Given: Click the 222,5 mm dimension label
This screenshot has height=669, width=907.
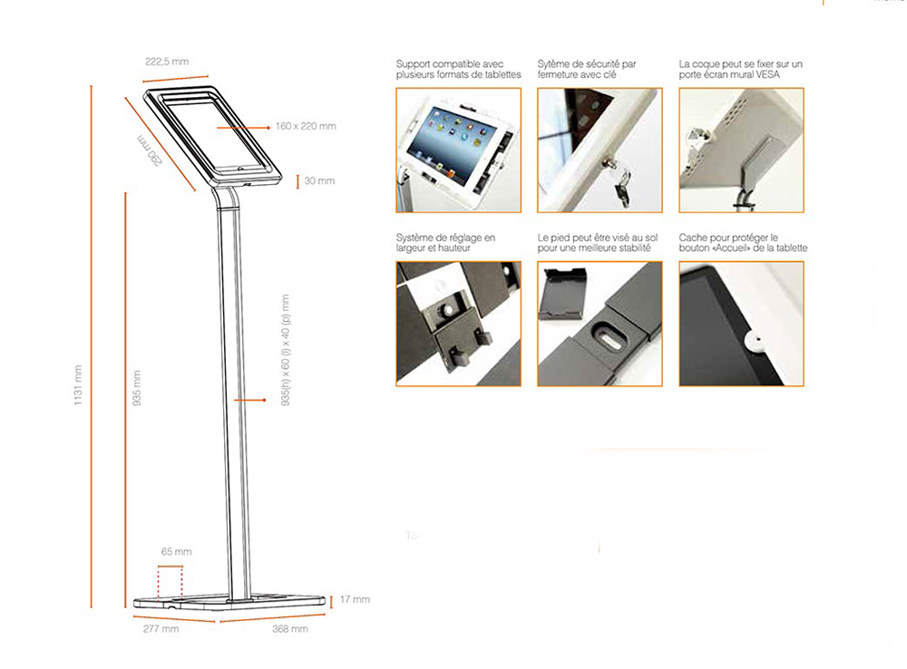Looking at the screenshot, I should coord(167,62).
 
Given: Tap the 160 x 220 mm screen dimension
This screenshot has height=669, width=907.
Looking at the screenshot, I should coord(307,126).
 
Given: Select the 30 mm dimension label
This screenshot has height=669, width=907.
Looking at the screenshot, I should coord(319,180).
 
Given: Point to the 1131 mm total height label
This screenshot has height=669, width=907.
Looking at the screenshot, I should coord(79,385).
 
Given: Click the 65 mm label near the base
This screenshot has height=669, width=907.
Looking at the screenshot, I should coord(176,551).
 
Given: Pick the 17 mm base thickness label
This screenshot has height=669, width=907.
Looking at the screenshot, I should coord(355,599).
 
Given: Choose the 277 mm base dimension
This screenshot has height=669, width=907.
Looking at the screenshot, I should coord(161,628).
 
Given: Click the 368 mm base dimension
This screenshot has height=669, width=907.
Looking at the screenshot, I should coord(290,628).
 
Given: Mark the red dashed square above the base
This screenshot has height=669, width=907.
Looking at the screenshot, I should coord(170,582).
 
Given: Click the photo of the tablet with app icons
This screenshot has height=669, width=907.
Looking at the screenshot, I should coord(458,150).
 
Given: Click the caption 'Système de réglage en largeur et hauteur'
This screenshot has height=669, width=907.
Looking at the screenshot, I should coord(445,243).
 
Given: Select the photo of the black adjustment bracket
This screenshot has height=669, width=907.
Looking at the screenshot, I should coord(458,324).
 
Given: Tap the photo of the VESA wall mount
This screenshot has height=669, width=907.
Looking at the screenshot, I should coord(741,150).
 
